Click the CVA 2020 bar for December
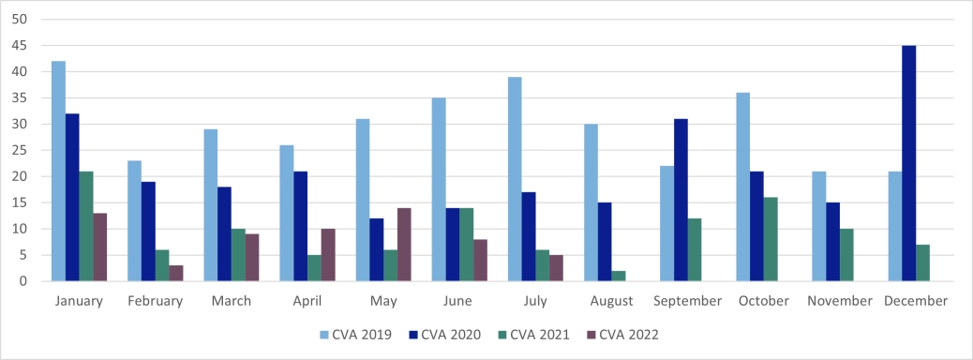click(908, 163)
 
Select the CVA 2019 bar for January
click(58, 171)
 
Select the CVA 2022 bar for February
click(176, 273)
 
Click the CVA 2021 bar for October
click(771, 239)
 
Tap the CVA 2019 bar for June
click(439, 189)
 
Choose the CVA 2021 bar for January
click(86, 226)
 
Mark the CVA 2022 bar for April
click(328, 255)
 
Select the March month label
click(231, 301)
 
